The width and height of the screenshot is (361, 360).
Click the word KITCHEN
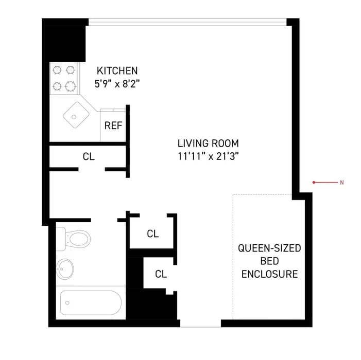click(117, 71)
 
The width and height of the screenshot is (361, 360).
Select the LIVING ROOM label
click(208, 143)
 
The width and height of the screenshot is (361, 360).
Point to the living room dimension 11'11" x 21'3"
click(208, 156)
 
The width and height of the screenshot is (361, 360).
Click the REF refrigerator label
click(113, 125)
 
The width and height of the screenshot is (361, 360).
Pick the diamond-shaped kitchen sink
click(75, 116)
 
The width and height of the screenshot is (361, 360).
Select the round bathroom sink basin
click(65, 268)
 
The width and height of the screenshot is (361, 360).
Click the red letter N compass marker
click(341, 183)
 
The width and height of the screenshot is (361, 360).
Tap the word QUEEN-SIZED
click(269, 248)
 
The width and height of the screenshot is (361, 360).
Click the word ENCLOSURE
click(269, 274)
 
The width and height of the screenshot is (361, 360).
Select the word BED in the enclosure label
click(269, 261)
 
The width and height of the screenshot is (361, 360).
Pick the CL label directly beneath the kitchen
click(89, 157)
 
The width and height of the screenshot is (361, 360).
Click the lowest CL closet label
click(161, 274)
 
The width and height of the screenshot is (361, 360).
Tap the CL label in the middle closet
click(152, 233)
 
